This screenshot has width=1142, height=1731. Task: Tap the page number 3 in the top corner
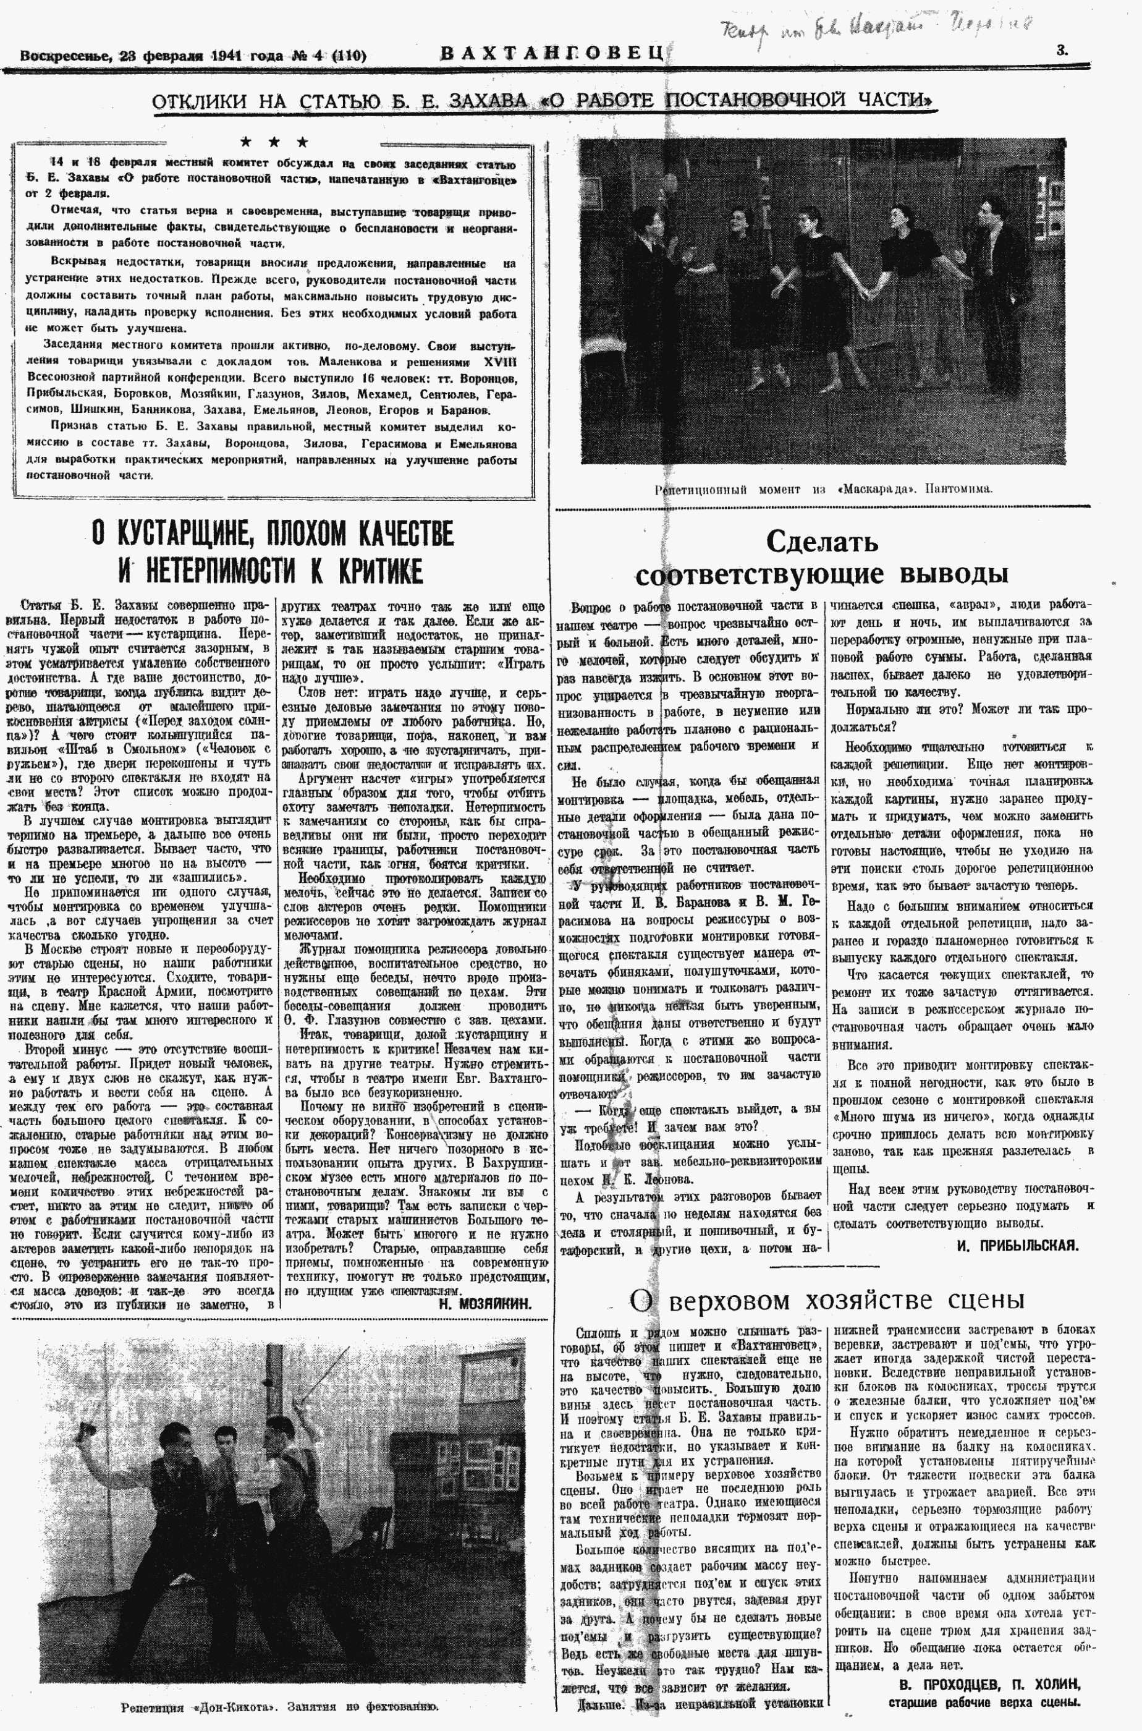[x=1062, y=50]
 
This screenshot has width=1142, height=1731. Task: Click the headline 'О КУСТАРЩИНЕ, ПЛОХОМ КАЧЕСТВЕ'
[x=273, y=534]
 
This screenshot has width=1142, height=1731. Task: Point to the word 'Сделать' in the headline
[x=821, y=542]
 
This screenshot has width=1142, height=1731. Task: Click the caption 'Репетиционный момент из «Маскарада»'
[x=823, y=490]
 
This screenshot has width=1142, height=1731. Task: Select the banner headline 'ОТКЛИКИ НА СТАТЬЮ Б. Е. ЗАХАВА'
[x=544, y=101]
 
